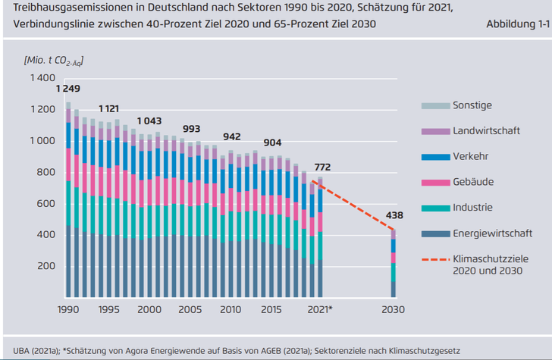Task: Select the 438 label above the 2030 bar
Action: [x=394, y=215]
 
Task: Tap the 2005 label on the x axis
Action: [x=190, y=310]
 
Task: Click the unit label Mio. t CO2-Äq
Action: [x=53, y=59]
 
